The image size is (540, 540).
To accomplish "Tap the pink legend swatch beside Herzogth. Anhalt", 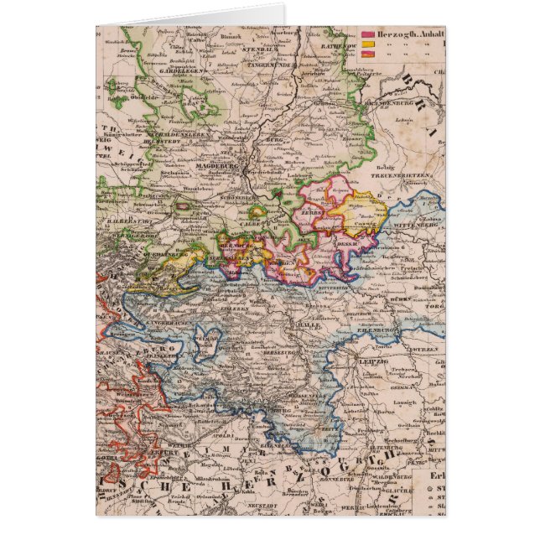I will point(367,34).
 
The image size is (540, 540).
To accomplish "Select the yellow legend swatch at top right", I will point(367,44).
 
